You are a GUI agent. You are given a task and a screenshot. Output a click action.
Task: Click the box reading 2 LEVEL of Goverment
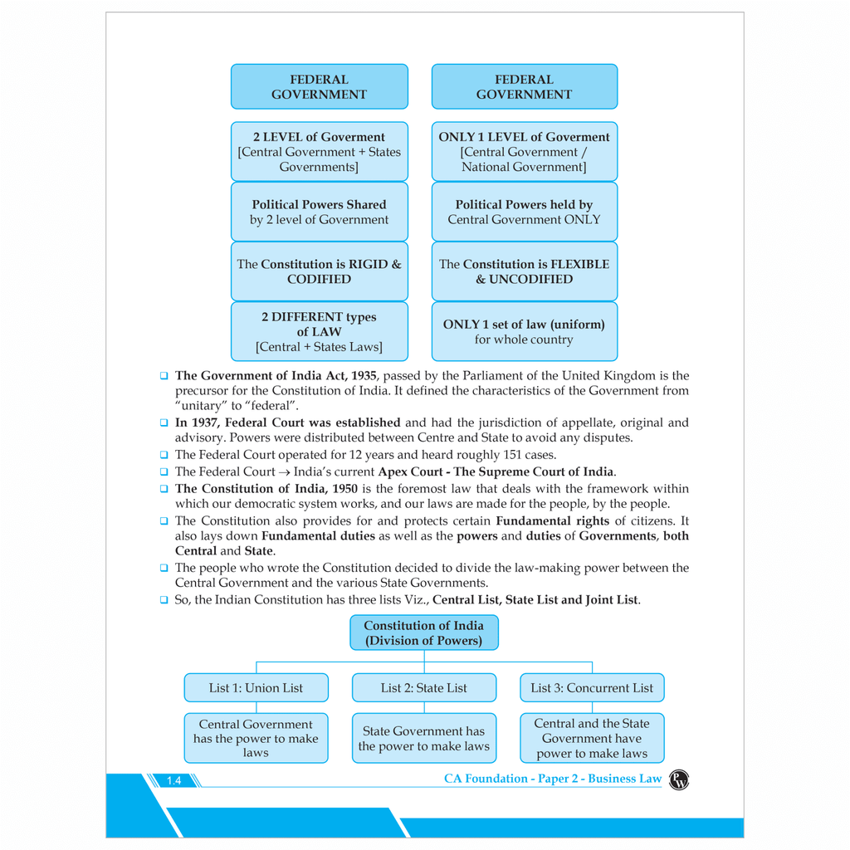[x=320, y=152]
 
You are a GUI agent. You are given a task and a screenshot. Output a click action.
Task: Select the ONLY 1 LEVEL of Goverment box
[x=524, y=152]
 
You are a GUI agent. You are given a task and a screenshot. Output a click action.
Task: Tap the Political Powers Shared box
[x=320, y=212]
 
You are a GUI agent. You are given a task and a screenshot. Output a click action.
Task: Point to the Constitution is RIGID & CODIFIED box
[x=320, y=271]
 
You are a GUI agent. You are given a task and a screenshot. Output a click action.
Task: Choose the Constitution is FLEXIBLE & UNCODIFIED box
[x=524, y=271]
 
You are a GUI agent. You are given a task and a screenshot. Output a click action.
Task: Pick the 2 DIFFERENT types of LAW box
[x=320, y=331]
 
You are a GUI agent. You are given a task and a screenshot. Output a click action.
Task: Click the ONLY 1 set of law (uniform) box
[x=524, y=331]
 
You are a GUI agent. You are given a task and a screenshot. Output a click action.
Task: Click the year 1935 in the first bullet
[x=364, y=376]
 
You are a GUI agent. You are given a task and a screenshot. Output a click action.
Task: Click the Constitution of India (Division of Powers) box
[x=423, y=633]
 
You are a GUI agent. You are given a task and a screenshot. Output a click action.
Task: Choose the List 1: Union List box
[x=256, y=687]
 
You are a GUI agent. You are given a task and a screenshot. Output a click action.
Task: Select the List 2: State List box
[x=423, y=687]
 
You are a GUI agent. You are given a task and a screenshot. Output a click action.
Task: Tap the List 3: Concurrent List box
[x=592, y=687]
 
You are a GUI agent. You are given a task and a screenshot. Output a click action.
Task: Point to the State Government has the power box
[x=423, y=738]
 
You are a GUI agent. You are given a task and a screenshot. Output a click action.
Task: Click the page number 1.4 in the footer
[x=173, y=780]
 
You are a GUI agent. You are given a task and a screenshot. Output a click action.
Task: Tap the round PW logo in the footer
[x=679, y=779]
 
